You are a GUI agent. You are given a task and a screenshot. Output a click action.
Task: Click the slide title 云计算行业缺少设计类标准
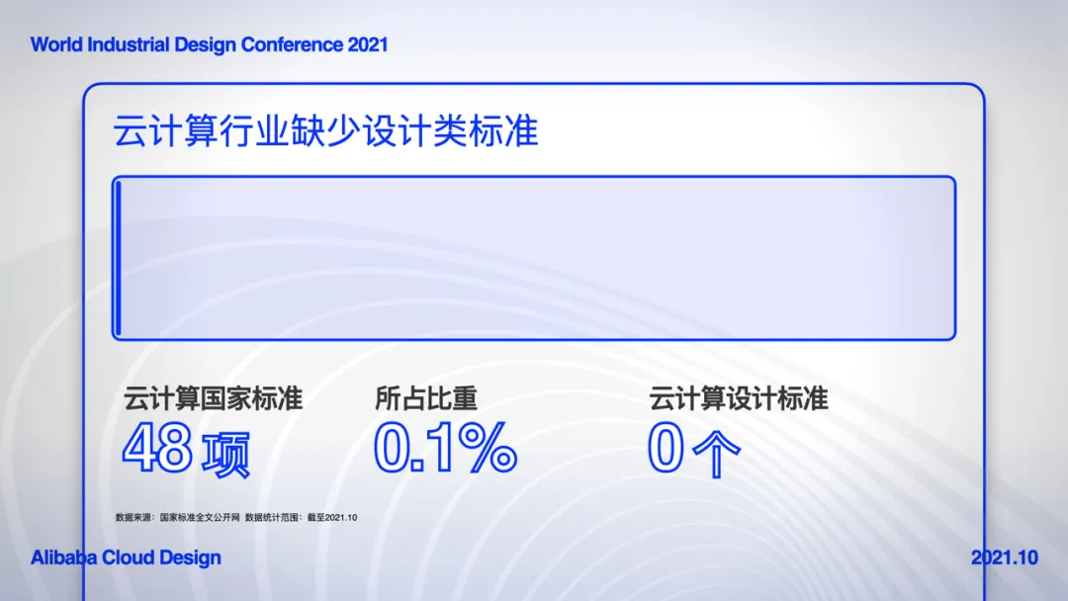coord(325,130)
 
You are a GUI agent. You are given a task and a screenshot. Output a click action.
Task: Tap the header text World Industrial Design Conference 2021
coord(209,44)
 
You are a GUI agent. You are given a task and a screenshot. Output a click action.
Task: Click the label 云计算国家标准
coord(213,398)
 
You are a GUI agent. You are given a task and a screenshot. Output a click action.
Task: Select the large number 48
coord(157,447)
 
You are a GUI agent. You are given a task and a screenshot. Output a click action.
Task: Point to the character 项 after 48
coord(226,454)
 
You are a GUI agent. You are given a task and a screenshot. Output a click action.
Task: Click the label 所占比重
coord(426,398)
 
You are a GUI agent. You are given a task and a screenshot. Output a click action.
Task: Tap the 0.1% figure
coord(445,447)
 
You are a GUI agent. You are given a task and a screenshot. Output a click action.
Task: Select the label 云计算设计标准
coord(739,398)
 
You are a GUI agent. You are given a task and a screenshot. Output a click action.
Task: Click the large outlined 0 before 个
coord(666,447)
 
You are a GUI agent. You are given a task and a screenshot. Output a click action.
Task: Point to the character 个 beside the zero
coord(716,454)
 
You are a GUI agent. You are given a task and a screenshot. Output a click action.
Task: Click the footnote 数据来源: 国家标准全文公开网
coord(178,517)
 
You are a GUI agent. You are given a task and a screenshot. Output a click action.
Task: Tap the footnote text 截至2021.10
coord(331,517)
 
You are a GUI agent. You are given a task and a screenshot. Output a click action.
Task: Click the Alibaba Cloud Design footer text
coord(126,558)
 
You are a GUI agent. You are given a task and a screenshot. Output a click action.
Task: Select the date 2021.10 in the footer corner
coord(1005,558)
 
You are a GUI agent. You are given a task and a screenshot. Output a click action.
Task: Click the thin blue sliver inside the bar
coord(119,259)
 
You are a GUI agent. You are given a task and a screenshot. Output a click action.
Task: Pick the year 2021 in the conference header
coord(368,44)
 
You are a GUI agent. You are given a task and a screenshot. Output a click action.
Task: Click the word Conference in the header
coord(292,44)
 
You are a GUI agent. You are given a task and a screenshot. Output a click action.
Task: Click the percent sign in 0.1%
coord(488,447)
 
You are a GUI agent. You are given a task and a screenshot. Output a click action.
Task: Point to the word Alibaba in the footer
coord(64,558)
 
